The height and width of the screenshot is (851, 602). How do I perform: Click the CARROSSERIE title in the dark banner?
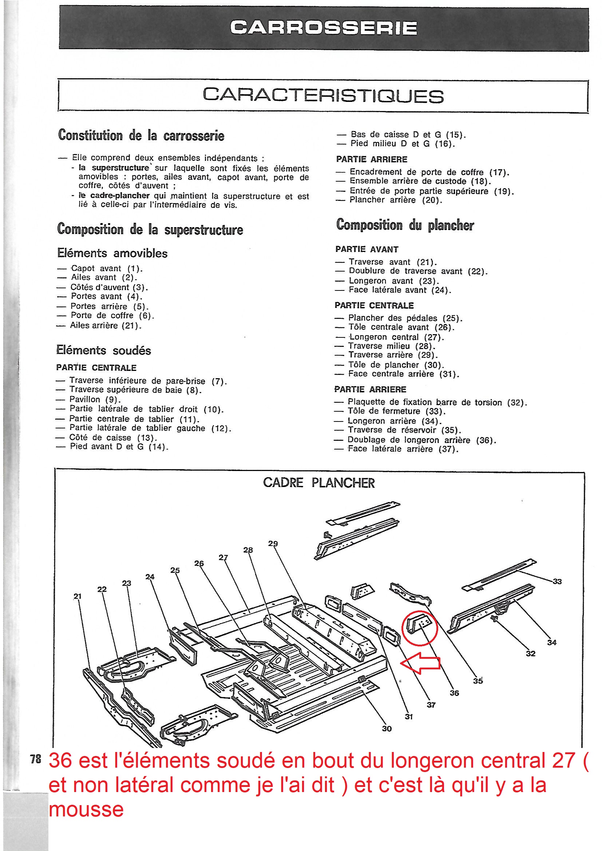pyautogui.click(x=323, y=28)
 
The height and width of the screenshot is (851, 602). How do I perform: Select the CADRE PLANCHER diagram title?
pyautogui.click(x=319, y=483)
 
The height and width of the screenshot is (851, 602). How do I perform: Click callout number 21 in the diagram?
pyautogui.click(x=77, y=596)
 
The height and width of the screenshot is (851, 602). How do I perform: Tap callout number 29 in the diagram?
pyautogui.click(x=273, y=544)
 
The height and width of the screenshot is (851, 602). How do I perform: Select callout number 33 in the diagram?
pyautogui.click(x=557, y=582)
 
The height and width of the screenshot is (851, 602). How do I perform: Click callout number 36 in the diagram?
pyautogui.click(x=454, y=693)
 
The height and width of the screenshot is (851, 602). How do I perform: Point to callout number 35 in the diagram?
pyautogui.click(x=478, y=681)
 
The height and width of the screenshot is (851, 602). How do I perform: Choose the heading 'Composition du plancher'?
pyautogui.click(x=405, y=225)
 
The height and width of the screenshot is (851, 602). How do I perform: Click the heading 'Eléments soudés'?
pyautogui.click(x=104, y=350)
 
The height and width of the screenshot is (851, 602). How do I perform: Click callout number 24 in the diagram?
pyautogui.click(x=150, y=577)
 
